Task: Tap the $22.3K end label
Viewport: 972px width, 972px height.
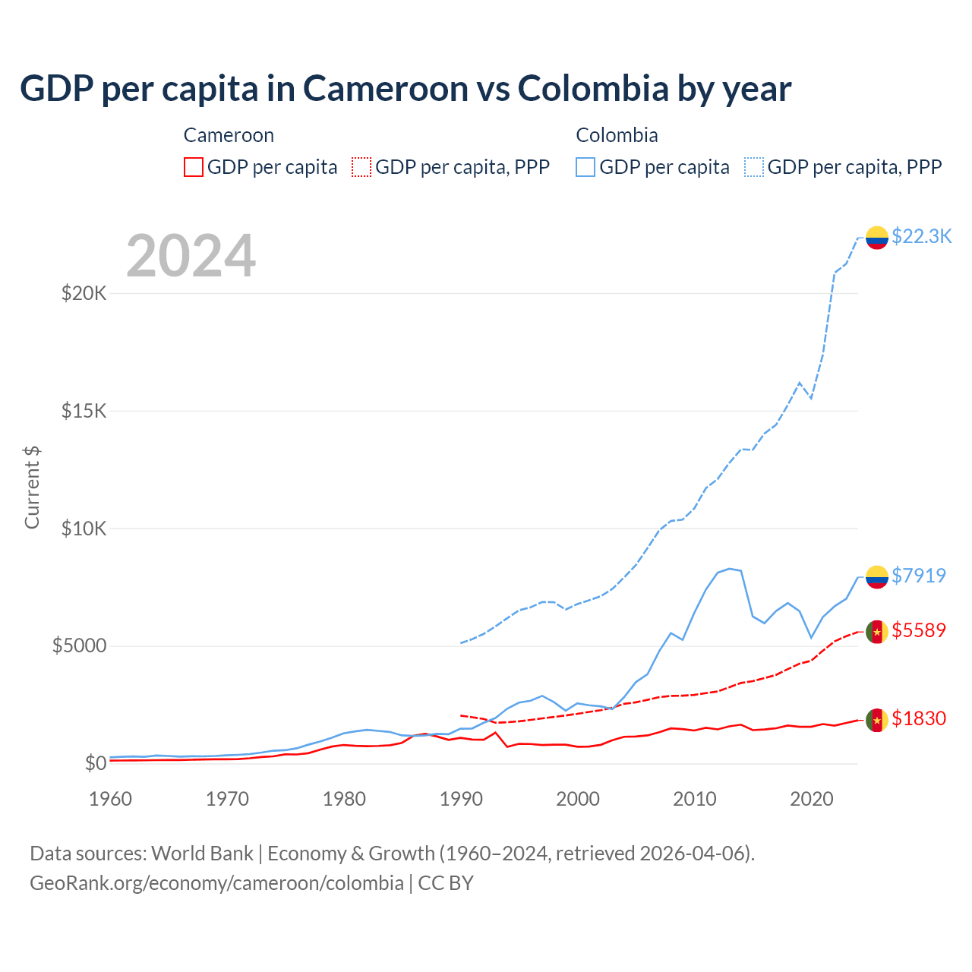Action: click(921, 236)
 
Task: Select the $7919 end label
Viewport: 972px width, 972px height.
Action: click(918, 576)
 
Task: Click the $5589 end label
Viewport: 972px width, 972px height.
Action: click(918, 630)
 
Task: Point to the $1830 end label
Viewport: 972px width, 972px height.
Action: click(918, 718)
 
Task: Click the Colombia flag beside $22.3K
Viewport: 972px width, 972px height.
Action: click(877, 238)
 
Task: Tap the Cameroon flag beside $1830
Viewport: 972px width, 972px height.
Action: click(877, 720)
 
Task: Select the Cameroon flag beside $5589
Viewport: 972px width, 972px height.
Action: click(877, 632)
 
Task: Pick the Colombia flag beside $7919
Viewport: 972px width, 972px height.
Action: click(877, 577)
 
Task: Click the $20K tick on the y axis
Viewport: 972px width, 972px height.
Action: click(84, 293)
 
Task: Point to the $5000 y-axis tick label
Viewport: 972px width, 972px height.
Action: click(79, 646)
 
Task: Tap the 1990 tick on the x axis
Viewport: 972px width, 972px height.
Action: click(461, 799)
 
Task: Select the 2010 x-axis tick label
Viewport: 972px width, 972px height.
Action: click(695, 799)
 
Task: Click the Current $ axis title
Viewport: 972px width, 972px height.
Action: click(32, 487)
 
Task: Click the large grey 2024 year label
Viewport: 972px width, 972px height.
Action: click(191, 256)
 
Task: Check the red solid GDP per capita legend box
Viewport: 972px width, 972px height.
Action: click(194, 167)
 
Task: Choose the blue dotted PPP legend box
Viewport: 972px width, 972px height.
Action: click(754, 167)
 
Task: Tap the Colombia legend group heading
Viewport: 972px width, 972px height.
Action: click(617, 135)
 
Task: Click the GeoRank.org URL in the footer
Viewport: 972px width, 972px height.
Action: click(216, 883)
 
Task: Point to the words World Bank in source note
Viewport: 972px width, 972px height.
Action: click(202, 854)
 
